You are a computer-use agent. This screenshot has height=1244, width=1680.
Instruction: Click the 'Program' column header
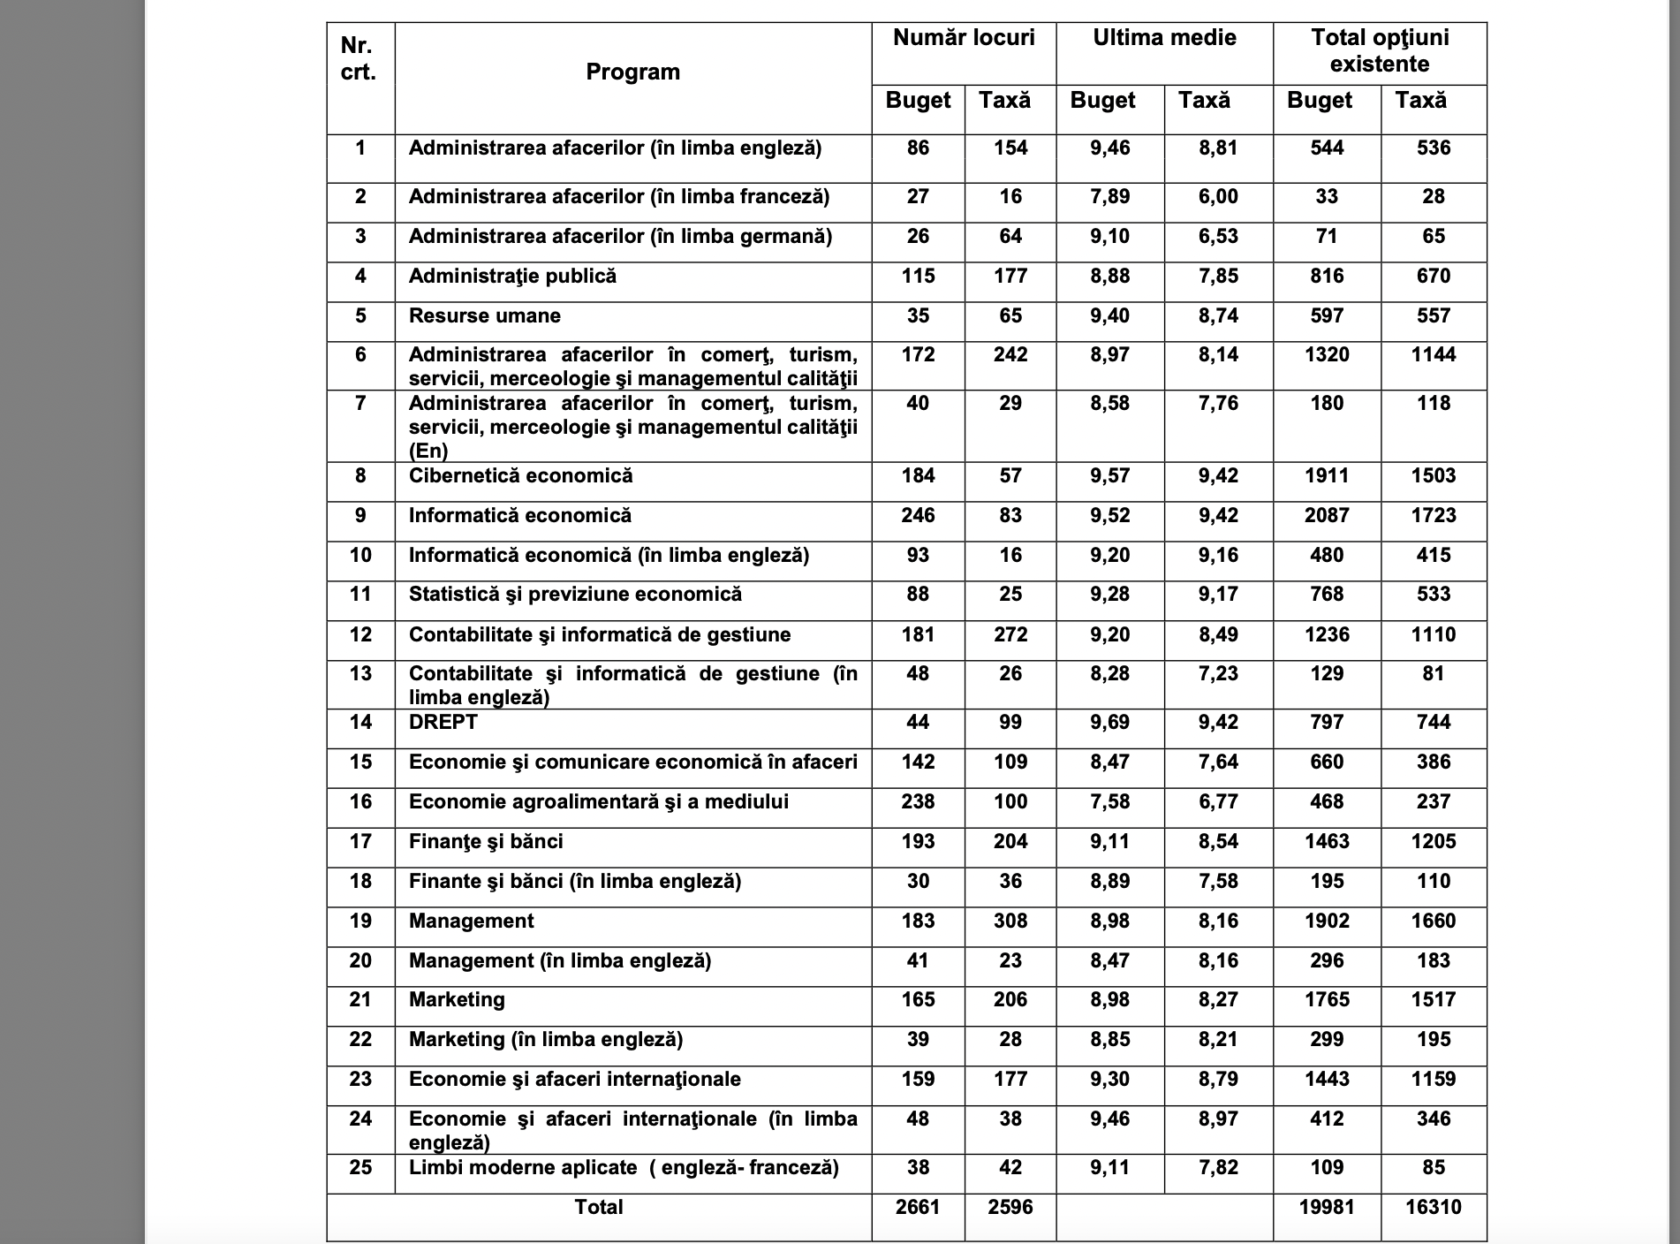(632, 72)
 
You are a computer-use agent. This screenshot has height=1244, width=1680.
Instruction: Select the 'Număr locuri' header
(964, 38)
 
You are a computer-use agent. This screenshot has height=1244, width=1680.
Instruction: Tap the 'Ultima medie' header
(1164, 38)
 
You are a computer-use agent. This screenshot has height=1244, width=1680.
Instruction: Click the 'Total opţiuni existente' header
(1380, 50)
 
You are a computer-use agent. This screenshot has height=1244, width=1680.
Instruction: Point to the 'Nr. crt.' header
(359, 59)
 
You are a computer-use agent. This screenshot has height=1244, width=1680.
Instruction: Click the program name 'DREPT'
(443, 723)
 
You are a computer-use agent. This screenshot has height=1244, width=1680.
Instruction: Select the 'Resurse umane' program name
(484, 316)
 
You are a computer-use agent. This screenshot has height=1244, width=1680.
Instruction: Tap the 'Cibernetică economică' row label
(520, 476)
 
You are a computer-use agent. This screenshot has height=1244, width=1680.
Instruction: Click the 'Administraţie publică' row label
(512, 277)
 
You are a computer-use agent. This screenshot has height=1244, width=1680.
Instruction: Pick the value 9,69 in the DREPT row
(1109, 723)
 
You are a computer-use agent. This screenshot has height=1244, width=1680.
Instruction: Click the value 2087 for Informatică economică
(1327, 516)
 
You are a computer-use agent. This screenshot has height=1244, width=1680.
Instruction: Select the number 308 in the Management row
(1010, 922)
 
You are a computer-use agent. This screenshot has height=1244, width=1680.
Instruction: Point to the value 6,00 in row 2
(1218, 197)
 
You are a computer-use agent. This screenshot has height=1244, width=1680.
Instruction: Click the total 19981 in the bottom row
(1327, 1208)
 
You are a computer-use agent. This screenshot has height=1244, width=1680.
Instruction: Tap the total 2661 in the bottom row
(918, 1208)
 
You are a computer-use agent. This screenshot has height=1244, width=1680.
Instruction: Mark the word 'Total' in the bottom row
(599, 1208)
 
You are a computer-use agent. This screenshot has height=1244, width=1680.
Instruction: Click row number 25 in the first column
(360, 1168)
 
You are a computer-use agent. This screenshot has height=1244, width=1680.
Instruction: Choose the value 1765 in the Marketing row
(1327, 1000)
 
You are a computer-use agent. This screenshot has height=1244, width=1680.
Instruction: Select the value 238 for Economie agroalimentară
(918, 802)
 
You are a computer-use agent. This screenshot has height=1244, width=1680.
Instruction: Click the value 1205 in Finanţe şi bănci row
(1433, 842)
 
